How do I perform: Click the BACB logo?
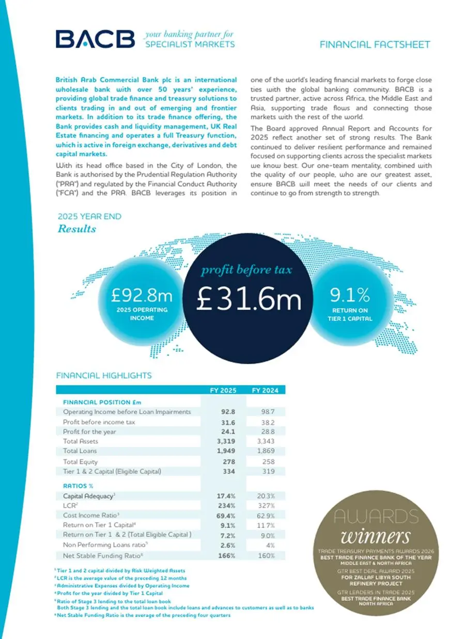click(x=95, y=39)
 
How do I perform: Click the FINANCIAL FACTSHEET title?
click(x=375, y=44)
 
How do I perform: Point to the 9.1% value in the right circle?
click(x=350, y=295)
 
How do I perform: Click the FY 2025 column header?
click(x=223, y=390)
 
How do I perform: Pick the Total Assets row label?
click(x=81, y=441)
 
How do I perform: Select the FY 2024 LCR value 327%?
click(x=266, y=506)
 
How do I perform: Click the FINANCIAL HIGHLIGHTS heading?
click(x=103, y=376)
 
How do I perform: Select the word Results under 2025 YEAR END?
click(x=76, y=228)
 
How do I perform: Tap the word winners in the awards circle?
click(x=376, y=536)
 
